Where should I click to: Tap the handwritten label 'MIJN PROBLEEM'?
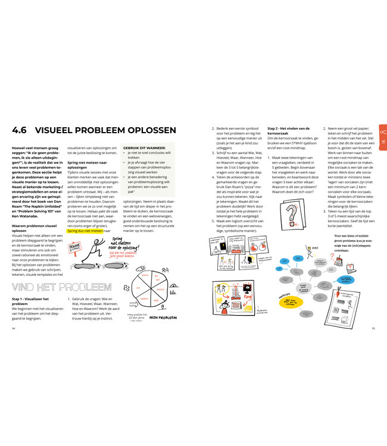[x=163, y=318]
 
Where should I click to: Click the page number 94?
[x=14, y=327]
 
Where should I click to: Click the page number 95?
[x=373, y=327]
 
